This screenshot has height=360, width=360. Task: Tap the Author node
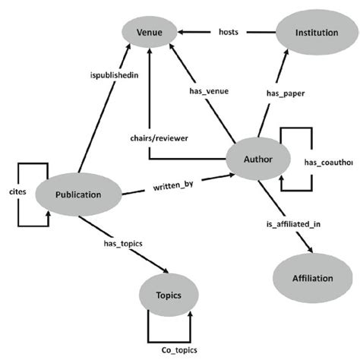(259, 159)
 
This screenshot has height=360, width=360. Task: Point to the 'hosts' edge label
(229, 32)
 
